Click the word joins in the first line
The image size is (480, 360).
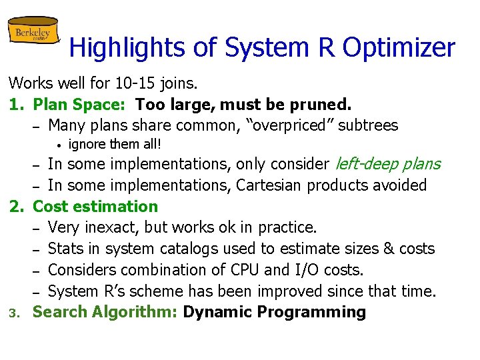click(x=179, y=84)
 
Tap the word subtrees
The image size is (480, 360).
click(x=365, y=125)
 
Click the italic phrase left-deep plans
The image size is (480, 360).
click(x=387, y=164)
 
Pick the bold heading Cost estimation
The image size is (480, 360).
click(x=95, y=206)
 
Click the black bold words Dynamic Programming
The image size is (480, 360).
click(x=274, y=312)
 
